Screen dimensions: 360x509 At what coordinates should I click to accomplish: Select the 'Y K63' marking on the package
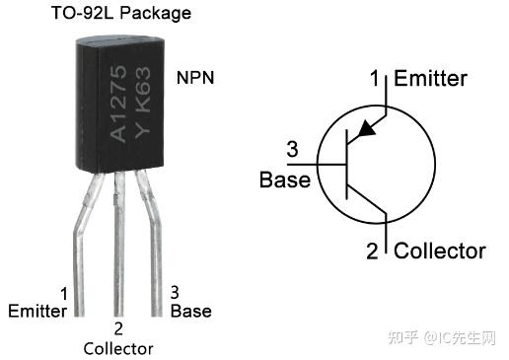tap(140, 103)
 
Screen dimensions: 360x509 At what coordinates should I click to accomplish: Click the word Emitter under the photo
tap(37, 311)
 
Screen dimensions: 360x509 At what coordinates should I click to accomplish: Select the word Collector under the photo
tap(118, 348)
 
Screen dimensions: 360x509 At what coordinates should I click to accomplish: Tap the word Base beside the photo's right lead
tap(190, 311)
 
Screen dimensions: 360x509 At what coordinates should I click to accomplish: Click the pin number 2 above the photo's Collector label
tap(118, 328)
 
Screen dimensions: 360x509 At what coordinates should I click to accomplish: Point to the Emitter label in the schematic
tap(430, 79)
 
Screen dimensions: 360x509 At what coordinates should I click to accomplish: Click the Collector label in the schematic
tap(440, 251)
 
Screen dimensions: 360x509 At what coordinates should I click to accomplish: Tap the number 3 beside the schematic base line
tap(292, 151)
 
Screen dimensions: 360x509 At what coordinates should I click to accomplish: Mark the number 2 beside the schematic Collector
tap(372, 251)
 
